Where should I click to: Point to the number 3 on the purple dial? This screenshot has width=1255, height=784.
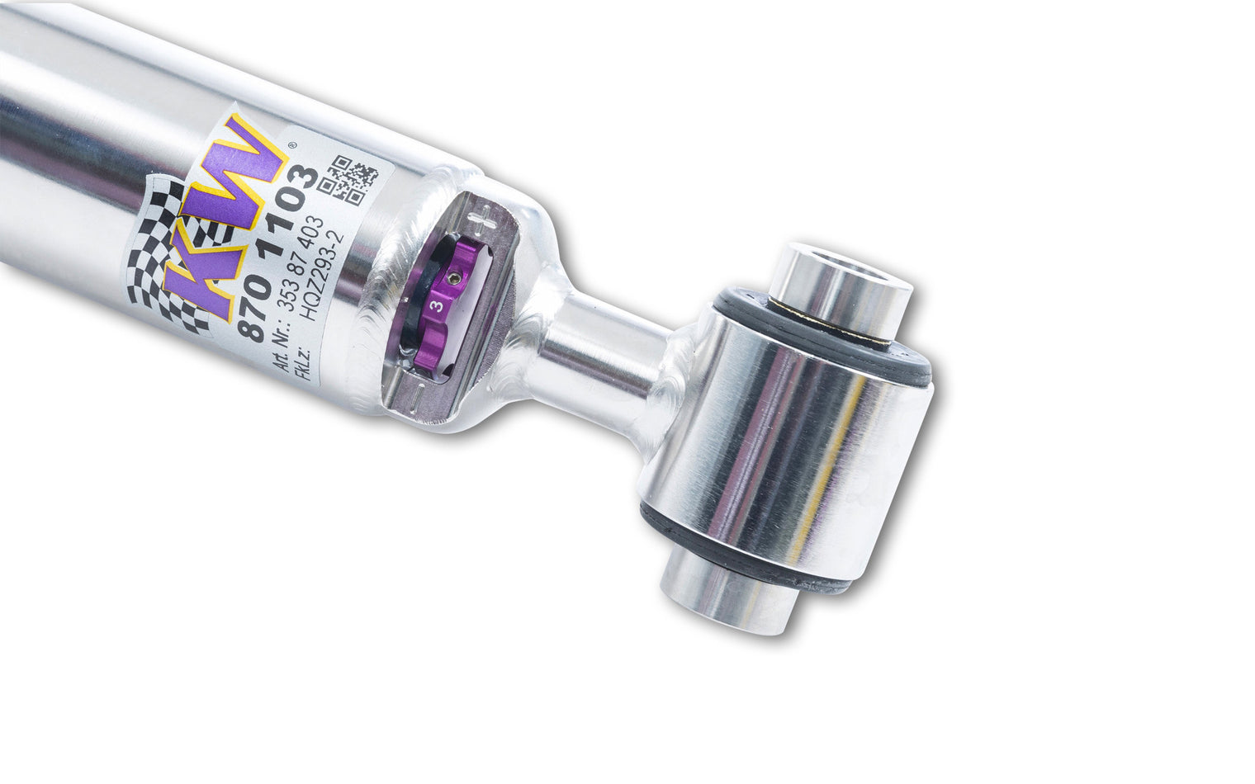[438, 305]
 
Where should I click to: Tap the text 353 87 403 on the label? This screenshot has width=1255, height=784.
[301, 263]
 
